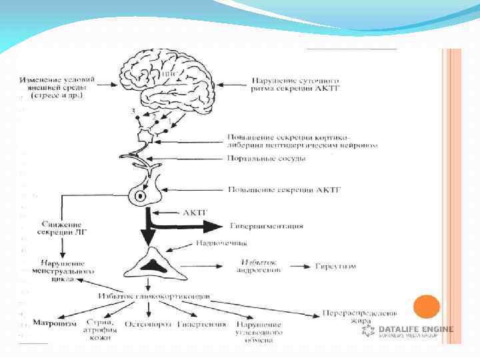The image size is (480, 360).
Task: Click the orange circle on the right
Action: click(427, 307)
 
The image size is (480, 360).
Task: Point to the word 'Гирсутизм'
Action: click(336, 266)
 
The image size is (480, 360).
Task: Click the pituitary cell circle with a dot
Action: click(141, 197)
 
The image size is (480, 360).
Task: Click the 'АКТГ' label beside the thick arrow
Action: click(195, 213)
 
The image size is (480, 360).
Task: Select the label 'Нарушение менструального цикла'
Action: click(61, 271)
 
